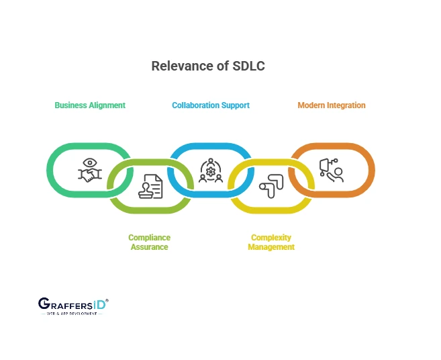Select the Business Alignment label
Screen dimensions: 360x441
[x=90, y=105]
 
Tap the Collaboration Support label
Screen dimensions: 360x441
[x=211, y=105]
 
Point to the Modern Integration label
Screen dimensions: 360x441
[x=332, y=105]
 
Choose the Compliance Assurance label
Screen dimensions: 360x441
[x=150, y=242]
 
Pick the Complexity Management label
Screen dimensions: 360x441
[x=271, y=242]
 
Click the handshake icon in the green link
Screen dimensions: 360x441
[x=89, y=171]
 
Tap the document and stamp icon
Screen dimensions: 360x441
[x=150, y=187]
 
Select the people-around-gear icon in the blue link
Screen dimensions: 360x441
[x=211, y=171]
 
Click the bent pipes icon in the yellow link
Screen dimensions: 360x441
[x=272, y=187]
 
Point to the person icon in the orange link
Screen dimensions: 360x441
[x=332, y=171]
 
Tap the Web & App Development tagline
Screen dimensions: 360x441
[x=70, y=314]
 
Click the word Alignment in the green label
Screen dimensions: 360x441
[x=107, y=105]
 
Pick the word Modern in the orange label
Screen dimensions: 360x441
[x=311, y=105]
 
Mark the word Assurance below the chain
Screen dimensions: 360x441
[x=150, y=247]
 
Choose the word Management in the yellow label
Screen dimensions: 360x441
[x=271, y=247]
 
